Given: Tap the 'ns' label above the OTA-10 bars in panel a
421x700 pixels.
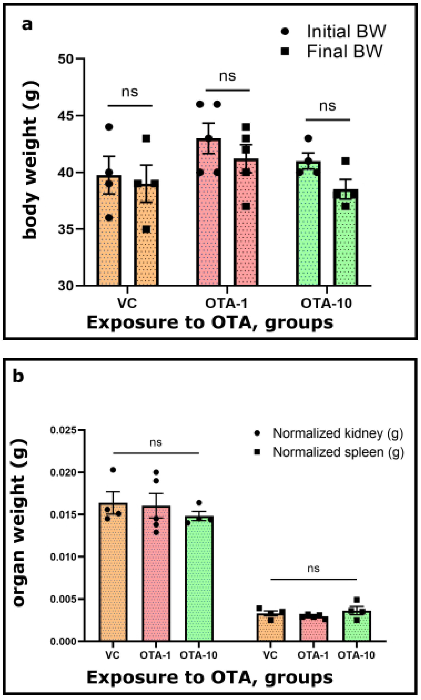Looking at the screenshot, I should click(327, 106).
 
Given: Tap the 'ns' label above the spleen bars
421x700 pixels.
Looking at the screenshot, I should click(313, 569).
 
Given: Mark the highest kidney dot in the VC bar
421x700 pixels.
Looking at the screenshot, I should click(113, 470).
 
